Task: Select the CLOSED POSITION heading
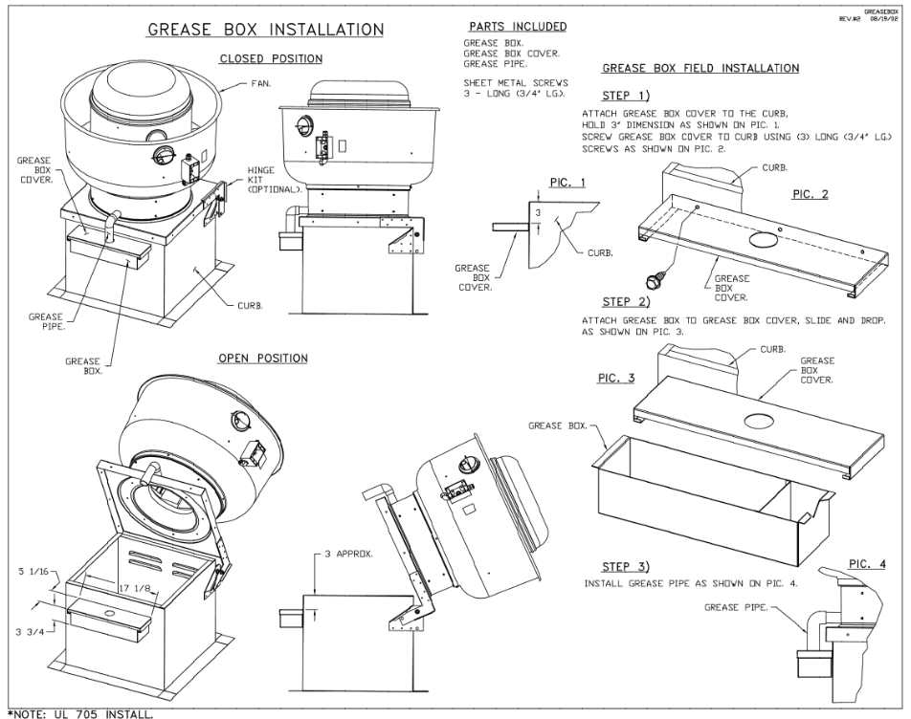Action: [x=271, y=59]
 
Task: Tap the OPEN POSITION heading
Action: [x=263, y=359]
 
